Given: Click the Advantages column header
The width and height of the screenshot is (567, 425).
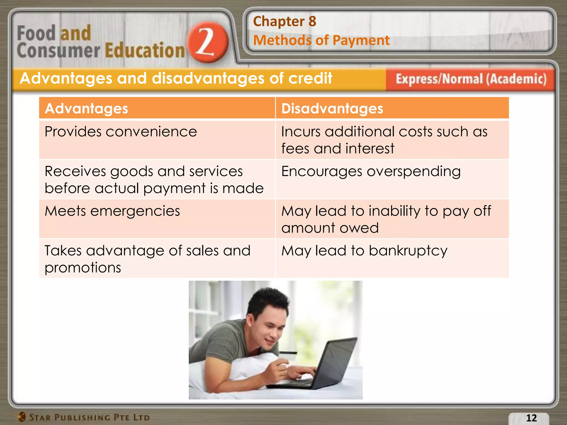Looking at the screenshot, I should point(86,108).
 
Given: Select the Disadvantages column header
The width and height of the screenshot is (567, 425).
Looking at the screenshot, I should point(332,108).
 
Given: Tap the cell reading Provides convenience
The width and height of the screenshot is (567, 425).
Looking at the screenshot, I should point(121,132).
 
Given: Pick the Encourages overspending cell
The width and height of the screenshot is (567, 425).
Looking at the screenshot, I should point(371,172).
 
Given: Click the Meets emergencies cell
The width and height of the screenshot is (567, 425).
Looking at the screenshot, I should point(112,211).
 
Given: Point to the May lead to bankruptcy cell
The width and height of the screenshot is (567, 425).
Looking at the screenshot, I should point(364,251).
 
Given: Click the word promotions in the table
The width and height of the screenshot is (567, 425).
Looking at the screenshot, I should point(83,268).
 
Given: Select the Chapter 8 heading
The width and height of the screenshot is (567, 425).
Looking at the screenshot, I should point(284,21).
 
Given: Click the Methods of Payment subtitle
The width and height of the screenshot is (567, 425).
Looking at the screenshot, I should point(321,40).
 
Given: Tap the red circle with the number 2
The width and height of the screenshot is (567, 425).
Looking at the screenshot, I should point(208,42).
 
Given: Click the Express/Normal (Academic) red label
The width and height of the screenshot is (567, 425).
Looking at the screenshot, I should point(471,79).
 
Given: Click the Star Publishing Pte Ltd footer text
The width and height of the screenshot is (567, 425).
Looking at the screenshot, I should point(89,417).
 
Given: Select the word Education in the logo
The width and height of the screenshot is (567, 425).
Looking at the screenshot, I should point(145,51).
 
